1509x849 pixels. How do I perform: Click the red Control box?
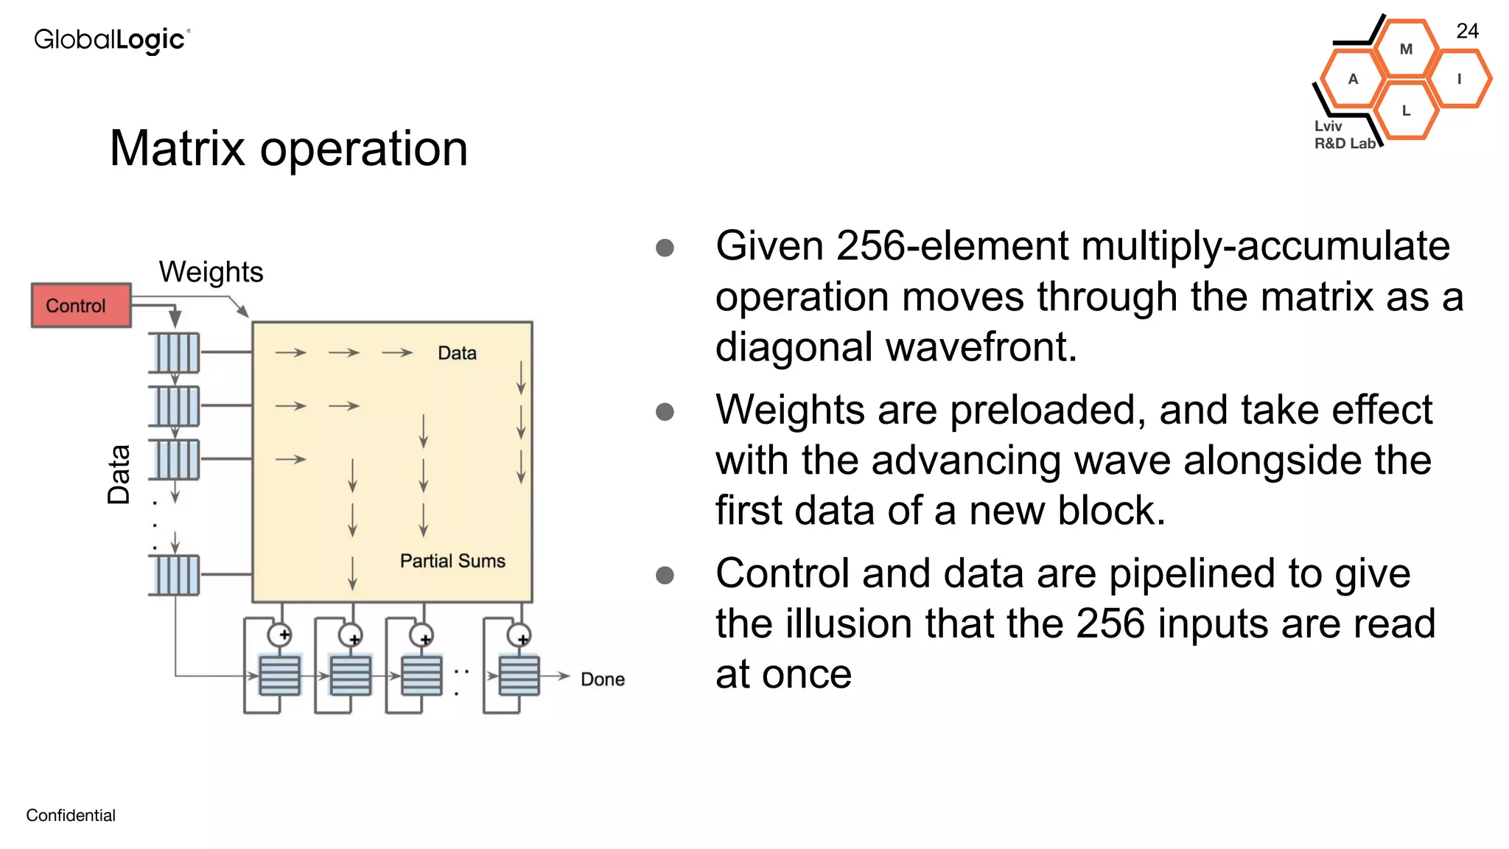pos(81,305)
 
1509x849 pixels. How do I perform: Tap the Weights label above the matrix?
pos(211,272)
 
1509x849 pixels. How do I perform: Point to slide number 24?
pos(1467,31)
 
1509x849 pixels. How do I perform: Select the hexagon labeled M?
pos(1406,49)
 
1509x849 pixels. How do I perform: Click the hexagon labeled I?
pos(1459,79)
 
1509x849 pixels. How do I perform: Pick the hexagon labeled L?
pos(1406,111)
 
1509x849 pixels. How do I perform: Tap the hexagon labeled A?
pos(1353,79)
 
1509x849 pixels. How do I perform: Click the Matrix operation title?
pos(289,149)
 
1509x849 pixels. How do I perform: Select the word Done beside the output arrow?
pos(602,679)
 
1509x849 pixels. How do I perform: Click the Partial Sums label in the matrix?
pos(452,561)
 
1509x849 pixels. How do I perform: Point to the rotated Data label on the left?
pos(119,474)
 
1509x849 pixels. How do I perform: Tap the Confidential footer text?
pos(71,815)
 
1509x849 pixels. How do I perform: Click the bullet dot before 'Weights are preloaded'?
pos(665,411)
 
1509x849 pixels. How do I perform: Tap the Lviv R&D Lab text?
pos(1343,135)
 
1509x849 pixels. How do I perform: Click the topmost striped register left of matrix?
pos(175,352)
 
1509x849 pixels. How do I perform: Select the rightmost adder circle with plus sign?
pos(519,635)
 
